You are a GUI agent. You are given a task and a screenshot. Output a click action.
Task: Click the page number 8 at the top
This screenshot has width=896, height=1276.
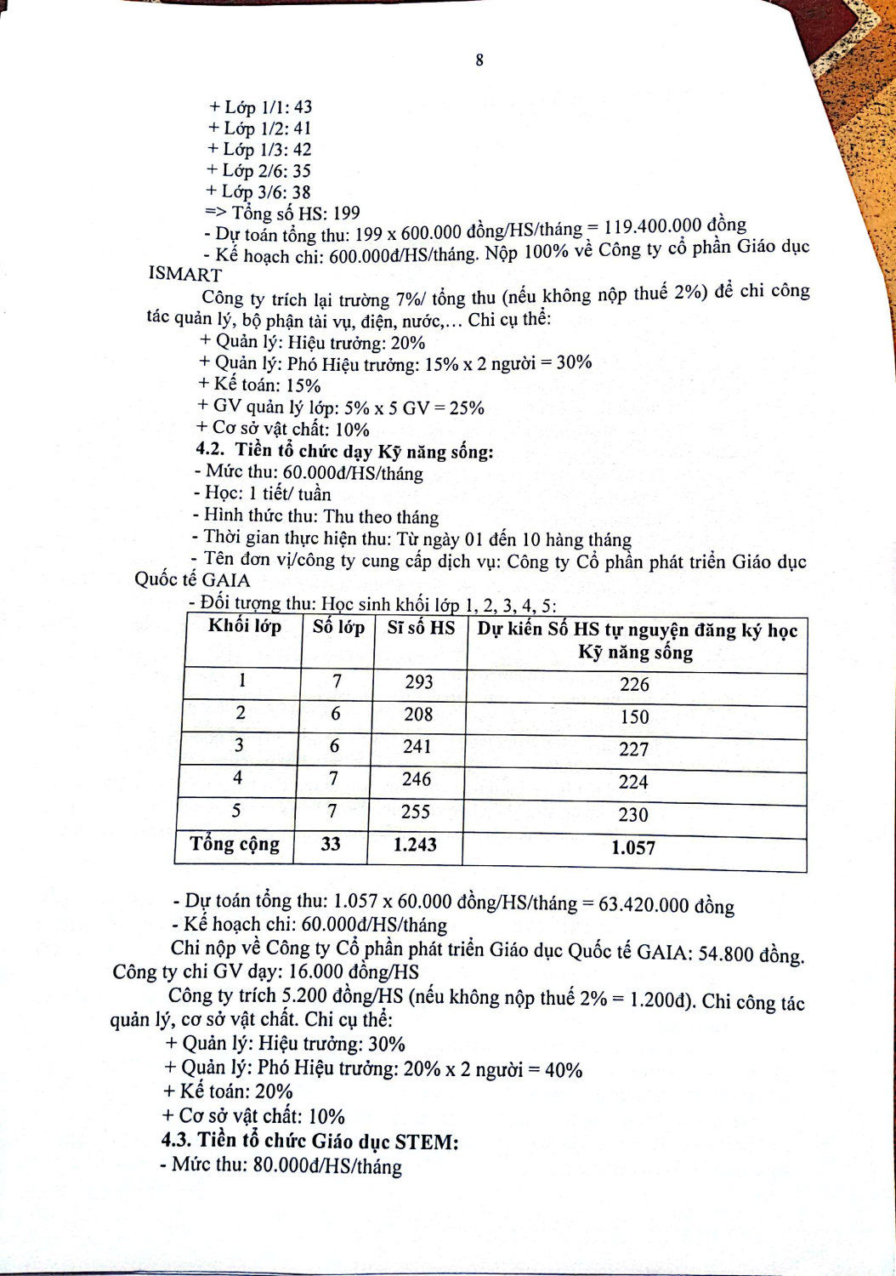pos(479,60)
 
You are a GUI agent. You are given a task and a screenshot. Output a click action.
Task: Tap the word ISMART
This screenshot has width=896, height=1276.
pos(184,274)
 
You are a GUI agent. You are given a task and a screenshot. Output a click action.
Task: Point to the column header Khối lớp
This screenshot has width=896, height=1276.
pos(245,627)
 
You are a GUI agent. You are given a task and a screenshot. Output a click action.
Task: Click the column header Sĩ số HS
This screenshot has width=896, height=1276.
pos(421,628)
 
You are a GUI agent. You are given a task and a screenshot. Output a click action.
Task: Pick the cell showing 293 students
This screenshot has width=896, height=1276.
pos(419,682)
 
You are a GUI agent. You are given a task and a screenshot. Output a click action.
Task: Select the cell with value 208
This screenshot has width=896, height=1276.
pos(418,715)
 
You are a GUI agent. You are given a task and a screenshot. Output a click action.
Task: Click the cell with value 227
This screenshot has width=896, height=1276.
pos(634,749)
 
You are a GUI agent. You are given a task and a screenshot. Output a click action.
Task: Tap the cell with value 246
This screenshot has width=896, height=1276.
pos(417,779)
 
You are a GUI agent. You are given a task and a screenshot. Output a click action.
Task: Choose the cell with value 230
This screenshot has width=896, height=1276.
pos(633,815)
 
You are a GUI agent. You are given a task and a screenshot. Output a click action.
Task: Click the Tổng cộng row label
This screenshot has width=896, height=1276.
pos(235,844)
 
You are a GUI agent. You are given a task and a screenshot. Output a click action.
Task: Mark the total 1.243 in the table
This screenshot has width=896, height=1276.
pos(415,845)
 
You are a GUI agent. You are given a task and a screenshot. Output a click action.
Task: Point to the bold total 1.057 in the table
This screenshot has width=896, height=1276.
pos(633,847)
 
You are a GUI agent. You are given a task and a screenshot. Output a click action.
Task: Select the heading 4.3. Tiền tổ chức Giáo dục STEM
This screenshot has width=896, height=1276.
pos(310,1142)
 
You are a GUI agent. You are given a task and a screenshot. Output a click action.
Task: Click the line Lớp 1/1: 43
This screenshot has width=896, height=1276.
pos(260,107)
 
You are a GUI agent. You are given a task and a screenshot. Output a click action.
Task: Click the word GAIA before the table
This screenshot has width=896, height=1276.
pos(226,580)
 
